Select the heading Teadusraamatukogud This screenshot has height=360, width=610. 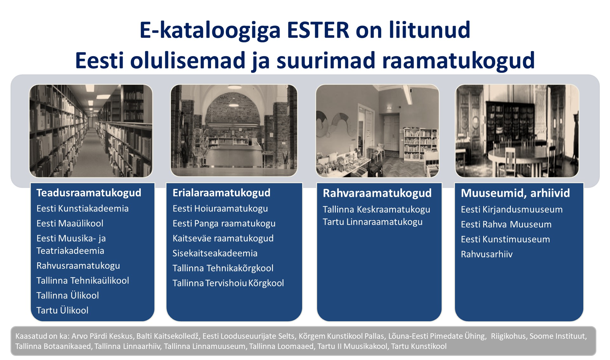89,193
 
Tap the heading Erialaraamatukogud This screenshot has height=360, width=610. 221,193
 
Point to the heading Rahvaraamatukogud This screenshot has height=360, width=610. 377,193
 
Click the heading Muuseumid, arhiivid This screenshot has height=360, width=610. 515,193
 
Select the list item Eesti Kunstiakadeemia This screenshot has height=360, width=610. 83,209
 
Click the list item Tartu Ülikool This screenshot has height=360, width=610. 62,310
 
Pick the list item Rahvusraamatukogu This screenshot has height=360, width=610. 78,266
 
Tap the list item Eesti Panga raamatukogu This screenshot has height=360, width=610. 224,223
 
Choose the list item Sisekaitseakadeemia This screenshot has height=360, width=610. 215,253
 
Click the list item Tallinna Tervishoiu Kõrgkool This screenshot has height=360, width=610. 228,283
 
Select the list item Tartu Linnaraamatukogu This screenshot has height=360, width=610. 373,222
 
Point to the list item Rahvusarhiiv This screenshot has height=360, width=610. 487,254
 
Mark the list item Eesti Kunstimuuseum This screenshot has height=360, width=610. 505,239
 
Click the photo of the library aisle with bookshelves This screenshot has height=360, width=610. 91,131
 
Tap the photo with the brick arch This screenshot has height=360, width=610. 234,130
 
